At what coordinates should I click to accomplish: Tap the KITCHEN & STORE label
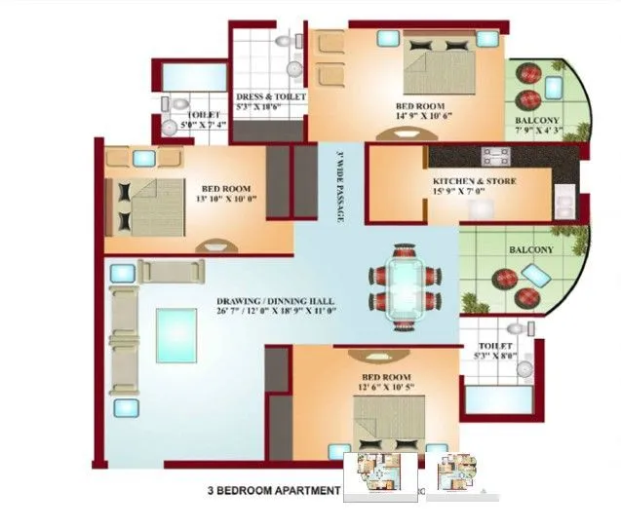[x=475, y=182]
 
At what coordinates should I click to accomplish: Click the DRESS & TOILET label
[x=271, y=97]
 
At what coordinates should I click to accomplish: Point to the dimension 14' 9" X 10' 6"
[x=420, y=117]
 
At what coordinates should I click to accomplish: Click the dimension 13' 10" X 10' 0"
[x=225, y=201]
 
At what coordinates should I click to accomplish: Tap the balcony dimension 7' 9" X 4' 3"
[x=538, y=133]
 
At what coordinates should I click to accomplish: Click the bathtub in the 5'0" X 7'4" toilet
[x=194, y=77]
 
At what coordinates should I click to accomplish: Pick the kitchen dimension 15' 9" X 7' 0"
[x=475, y=194]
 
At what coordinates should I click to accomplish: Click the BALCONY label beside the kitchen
[x=530, y=250]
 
